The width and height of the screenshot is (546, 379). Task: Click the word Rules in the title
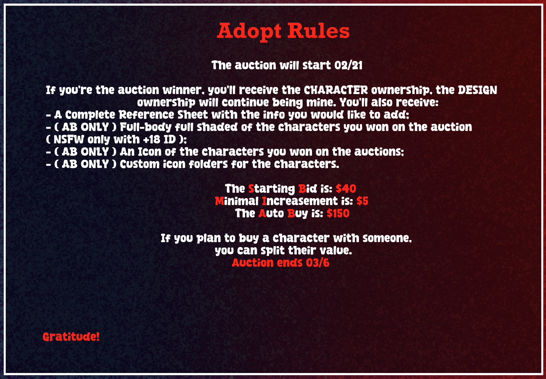click(x=318, y=31)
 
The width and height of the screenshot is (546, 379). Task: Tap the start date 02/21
click(x=348, y=65)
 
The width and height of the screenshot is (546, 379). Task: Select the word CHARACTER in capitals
click(x=336, y=90)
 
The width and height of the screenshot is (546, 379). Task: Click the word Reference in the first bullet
click(x=146, y=115)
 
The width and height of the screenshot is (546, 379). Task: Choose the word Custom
click(x=140, y=164)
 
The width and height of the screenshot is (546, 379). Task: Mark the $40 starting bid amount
click(x=346, y=189)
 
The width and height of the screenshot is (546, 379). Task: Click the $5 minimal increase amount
click(x=362, y=201)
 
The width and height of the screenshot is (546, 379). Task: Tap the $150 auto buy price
click(x=338, y=213)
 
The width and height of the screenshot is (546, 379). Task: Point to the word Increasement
click(x=300, y=201)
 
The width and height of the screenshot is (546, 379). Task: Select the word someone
click(x=387, y=238)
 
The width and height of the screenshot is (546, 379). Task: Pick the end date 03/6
click(x=317, y=263)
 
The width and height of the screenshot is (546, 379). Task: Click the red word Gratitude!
click(x=71, y=337)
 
